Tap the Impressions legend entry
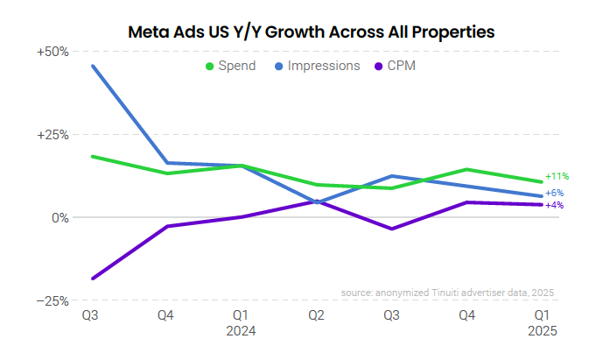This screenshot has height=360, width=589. (317, 66)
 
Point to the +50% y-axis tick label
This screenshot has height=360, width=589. (53, 52)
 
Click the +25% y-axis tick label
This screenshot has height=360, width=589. (53, 134)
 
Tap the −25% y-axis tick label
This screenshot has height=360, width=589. (53, 300)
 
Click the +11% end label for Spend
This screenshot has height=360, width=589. (557, 176)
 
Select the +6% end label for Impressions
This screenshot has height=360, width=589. (554, 193)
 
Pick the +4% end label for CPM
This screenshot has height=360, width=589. (554, 205)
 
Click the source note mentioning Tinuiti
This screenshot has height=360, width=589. (447, 293)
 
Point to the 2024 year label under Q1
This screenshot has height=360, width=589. (241, 332)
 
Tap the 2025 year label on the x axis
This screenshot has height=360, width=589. (542, 332)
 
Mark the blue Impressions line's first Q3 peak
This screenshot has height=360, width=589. (92, 66)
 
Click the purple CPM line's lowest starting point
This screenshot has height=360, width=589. (92, 279)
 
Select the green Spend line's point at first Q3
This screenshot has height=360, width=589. (92, 157)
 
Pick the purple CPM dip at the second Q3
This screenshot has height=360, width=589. (391, 229)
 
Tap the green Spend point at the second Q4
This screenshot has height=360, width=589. (466, 169)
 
